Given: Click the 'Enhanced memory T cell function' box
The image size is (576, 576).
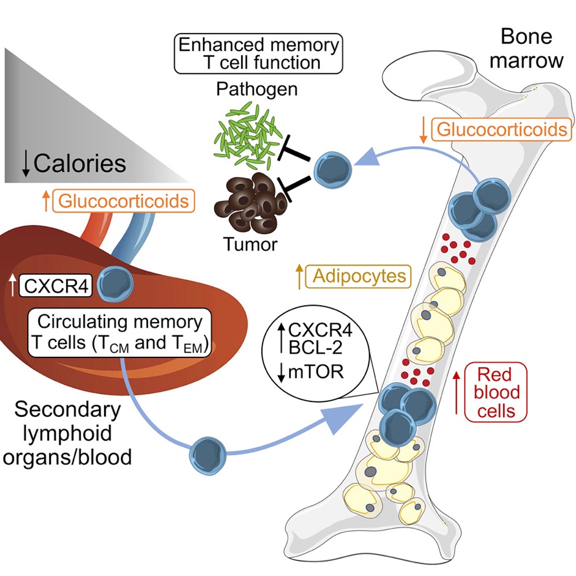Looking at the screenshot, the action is (x=258, y=54).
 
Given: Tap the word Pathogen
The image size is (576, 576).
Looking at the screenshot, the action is (x=257, y=89).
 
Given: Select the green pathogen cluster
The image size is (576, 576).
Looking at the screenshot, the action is (x=246, y=136).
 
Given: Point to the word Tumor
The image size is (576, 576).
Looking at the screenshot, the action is (x=250, y=244).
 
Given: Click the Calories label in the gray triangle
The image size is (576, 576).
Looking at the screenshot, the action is (x=80, y=164).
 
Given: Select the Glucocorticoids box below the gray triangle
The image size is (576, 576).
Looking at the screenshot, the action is (x=123, y=201).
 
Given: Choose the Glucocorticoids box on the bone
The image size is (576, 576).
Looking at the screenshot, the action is (x=502, y=129).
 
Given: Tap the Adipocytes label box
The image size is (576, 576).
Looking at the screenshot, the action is (x=359, y=276).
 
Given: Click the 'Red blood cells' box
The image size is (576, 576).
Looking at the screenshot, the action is (x=496, y=392).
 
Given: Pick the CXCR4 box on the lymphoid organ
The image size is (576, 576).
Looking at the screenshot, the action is (x=56, y=286).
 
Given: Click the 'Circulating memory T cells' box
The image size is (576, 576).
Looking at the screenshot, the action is (x=120, y=332).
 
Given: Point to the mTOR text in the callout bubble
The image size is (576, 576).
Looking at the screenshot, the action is (x=316, y=372).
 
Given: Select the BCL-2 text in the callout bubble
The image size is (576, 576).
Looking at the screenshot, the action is (x=315, y=348).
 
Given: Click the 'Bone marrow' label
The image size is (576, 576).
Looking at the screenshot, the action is (x=526, y=48).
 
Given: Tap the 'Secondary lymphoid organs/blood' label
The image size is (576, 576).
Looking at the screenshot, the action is (x=67, y=433).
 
